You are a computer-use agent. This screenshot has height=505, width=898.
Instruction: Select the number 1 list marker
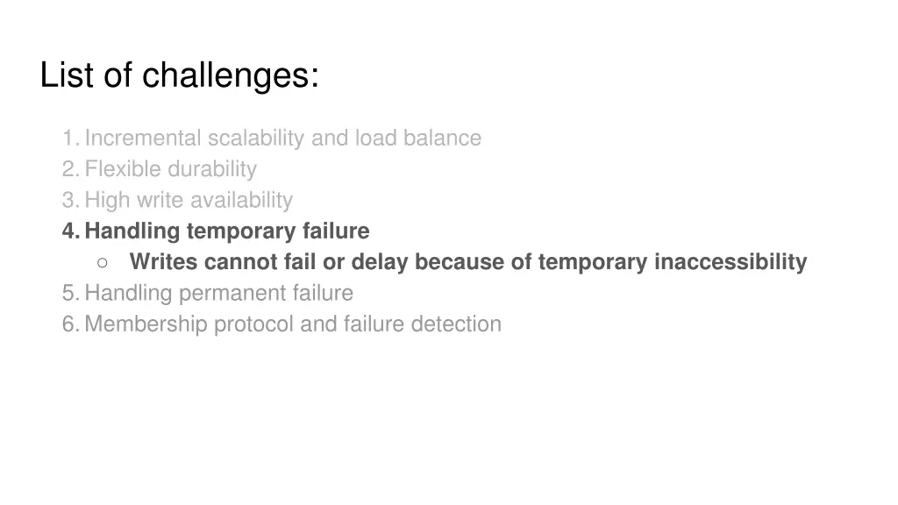(68, 139)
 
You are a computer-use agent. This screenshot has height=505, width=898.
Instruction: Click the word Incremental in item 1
(142, 139)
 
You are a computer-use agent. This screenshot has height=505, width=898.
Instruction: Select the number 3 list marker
(68, 201)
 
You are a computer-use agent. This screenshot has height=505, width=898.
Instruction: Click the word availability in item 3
(241, 201)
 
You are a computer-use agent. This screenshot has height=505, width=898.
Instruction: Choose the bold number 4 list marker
(69, 231)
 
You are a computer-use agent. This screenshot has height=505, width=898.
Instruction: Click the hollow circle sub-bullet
(103, 262)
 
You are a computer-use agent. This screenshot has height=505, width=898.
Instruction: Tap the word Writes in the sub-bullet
(164, 262)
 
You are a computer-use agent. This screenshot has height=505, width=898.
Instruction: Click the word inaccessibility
(731, 262)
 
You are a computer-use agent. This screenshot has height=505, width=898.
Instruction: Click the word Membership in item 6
(146, 324)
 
